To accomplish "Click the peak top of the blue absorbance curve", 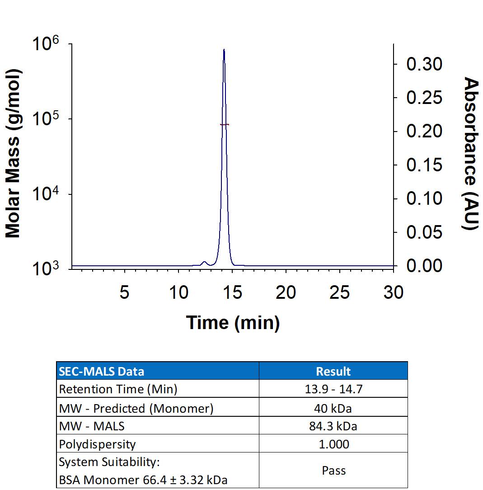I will point(224,50).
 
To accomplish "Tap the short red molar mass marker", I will point(225,124).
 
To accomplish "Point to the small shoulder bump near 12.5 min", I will point(204,262).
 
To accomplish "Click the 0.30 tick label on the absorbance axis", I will point(424,64).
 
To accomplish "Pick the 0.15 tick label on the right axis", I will point(424,165).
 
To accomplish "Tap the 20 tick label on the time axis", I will point(286,293).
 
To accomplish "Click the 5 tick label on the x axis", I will point(124,293).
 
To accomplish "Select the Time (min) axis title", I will point(233,322).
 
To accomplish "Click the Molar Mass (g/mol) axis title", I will point(13,154).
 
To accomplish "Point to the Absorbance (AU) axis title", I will point(471,154).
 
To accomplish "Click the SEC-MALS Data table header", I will point(102,372).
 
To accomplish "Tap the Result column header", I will point(333,372).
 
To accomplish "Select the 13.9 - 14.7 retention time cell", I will point(333,389).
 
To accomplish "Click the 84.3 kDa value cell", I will point(333,426).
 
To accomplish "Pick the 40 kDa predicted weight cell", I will point(333,408).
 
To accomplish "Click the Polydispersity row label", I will point(97,444).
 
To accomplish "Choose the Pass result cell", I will point(333,471).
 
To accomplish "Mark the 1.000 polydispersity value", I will point(333,444).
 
